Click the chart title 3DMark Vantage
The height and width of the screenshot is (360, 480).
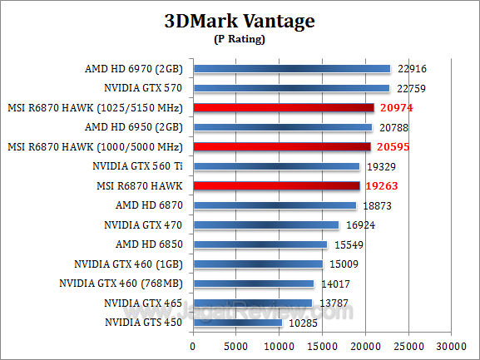(x=240, y=22)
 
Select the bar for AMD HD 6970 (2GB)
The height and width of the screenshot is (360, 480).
(x=291, y=68)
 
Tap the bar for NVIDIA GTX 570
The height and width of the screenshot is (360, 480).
(x=291, y=88)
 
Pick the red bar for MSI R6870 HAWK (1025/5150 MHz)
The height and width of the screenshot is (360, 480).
(x=284, y=107)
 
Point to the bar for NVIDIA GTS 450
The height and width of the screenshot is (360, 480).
(x=237, y=323)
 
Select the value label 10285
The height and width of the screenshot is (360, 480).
(x=301, y=323)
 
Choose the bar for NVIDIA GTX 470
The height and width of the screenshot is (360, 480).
(x=265, y=224)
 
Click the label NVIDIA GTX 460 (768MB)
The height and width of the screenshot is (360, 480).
(x=123, y=284)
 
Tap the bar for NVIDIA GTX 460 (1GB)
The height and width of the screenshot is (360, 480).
(x=257, y=264)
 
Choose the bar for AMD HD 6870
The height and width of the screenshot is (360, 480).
(x=274, y=205)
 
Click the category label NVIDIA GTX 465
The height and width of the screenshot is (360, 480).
(x=145, y=303)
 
